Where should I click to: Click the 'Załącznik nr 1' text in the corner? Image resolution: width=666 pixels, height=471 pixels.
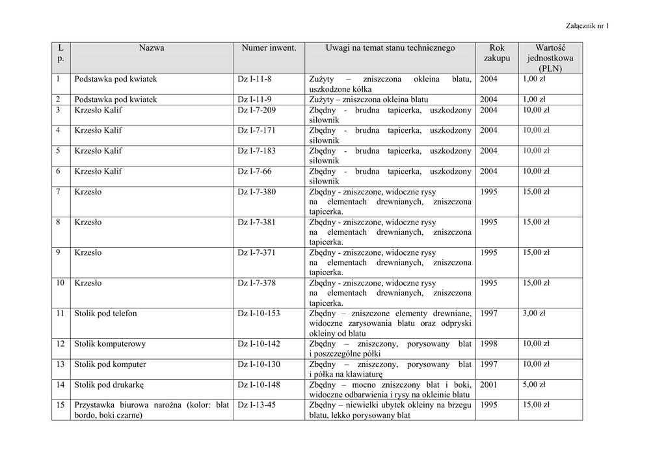pyautogui.click(x=587, y=25)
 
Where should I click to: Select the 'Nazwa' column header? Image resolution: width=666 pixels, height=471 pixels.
pyautogui.click(x=151, y=48)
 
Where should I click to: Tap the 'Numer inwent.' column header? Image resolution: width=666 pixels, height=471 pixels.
pyautogui.click(x=269, y=48)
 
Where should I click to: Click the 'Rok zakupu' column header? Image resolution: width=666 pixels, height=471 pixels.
pyautogui.click(x=497, y=53)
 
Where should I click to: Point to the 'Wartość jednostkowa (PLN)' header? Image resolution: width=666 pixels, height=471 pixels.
pyautogui.click(x=550, y=58)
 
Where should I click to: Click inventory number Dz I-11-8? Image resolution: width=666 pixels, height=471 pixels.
pyautogui.click(x=255, y=79)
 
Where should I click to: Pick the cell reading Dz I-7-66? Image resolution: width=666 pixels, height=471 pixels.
pyautogui.click(x=255, y=171)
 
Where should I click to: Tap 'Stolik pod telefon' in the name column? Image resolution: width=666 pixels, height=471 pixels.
pyautogui.click(x=106, y=314)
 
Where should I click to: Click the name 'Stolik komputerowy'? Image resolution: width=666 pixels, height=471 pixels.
pyautogui.click(x=111, y=344)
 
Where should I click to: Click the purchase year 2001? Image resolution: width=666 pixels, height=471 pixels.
pyautogui.click(x=489, y=384)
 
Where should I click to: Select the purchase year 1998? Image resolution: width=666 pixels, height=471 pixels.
pyautogui.click(x=489, y=344)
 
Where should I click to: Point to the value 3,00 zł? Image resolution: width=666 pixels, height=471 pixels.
pyautogui.click(x=534, y=314)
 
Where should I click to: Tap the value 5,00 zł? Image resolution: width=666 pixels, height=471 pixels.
pyautogui.click(x=534, y=384)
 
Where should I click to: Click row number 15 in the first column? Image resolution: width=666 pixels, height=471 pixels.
pyautogui.click(x=60, y=405)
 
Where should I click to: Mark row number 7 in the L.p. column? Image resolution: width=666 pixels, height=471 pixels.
pyautogui.click(x=59, y=192)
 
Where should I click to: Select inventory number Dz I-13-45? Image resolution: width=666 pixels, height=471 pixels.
pyautogui.click(x=257, y=405)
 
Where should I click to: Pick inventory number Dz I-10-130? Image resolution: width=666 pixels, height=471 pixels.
pyautogui.click(x=259, y=364)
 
